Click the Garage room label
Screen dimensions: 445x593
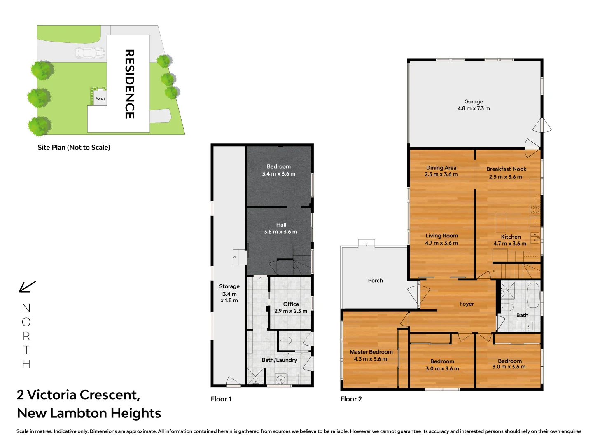pos(474,102)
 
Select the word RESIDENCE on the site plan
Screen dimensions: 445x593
pos(129,84)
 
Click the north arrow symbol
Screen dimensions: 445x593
pos(27,287)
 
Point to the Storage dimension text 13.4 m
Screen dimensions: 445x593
pos(229,294)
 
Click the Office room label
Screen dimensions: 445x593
pos(291,304)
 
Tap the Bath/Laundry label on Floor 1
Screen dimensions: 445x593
pos(279,360)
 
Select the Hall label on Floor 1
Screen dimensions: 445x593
pos(281,225)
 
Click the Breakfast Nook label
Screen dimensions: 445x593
pos(506,169)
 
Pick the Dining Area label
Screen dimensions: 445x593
pos(441,168)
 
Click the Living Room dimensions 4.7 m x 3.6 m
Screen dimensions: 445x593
pos(441,243)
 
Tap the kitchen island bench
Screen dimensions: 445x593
pos(501,223)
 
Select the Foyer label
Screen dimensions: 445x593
pos(467,304)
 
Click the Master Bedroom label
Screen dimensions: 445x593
pos(371,352)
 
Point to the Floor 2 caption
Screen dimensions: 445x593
pos(351,399)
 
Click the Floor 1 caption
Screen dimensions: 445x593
pos(221,399)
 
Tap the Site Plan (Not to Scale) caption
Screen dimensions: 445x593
pos(74,148)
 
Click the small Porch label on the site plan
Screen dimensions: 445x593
pos(100,98)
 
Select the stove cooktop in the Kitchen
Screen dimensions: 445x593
pos(535,210)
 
